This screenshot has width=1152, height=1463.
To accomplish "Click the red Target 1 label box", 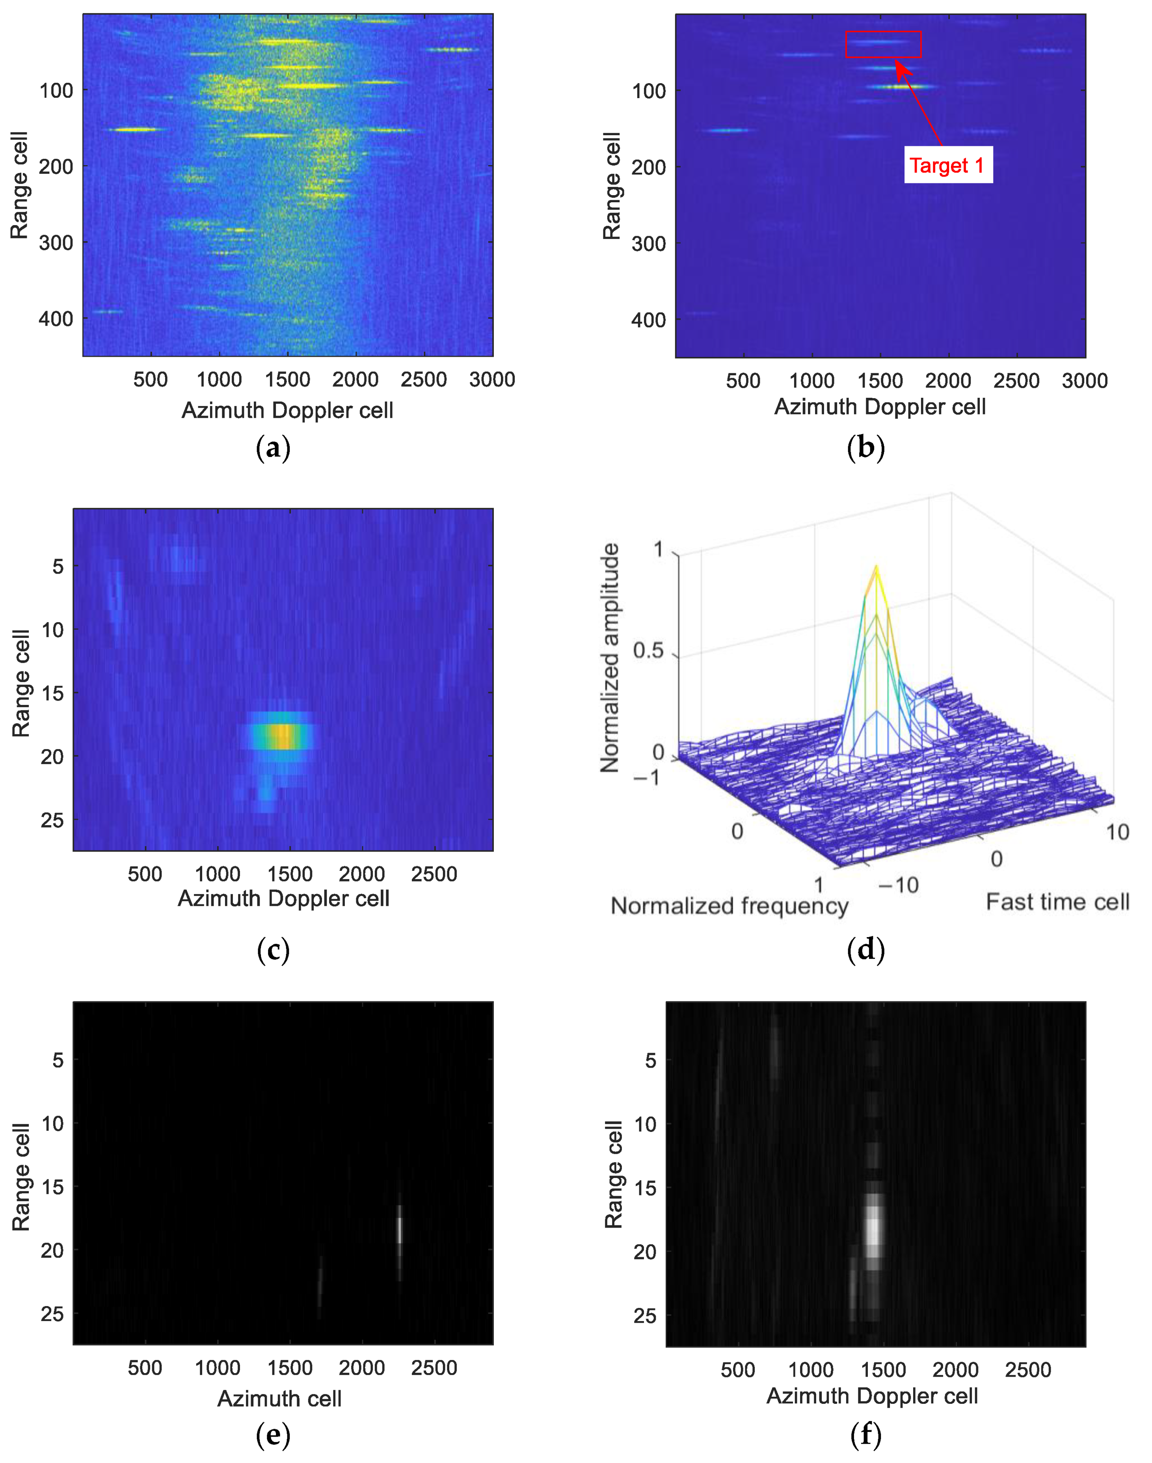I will [947, 165].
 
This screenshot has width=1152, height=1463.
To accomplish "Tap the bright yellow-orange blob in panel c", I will [282, 736].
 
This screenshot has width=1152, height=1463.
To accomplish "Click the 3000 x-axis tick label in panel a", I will [492, 380].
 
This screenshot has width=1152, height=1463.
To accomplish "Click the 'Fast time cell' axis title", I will [1057, 902].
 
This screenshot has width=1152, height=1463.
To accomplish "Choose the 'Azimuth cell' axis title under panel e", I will [279, 1398].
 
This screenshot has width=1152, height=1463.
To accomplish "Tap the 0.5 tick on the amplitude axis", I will [648, 651].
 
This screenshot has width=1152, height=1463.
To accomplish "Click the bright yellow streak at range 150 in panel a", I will [136, 129].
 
